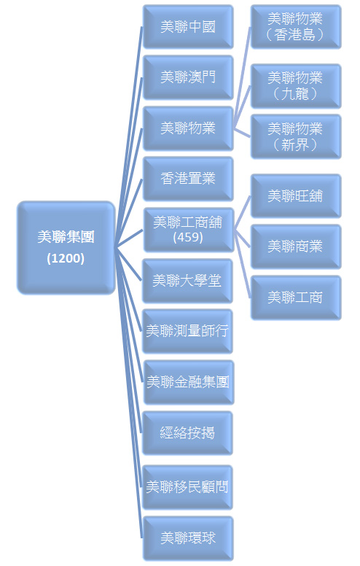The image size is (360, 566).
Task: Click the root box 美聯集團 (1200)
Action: pos(66,248)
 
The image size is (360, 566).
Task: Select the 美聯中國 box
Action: pos(188,27)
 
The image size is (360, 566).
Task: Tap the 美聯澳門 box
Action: pos(188,77)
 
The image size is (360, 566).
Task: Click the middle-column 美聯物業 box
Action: pos(188,128)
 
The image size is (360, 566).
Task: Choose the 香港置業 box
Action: pos(188,179)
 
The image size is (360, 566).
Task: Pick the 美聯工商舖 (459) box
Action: pos(188,230)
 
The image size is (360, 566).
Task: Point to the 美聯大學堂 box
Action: pos(187,281)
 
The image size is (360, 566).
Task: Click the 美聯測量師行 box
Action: pos(187,331)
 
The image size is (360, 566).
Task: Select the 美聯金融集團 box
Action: pos(188,382)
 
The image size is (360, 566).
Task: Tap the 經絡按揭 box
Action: pos(187,433)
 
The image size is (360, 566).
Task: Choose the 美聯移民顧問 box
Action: pos(187,487)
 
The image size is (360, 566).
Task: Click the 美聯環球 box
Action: pos(188,538)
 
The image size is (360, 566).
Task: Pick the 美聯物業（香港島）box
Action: pos(296,27)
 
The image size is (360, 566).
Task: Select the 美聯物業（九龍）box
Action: pos(296,86)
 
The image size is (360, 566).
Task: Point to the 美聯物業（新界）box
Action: pos(296,136)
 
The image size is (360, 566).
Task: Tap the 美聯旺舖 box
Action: pos(296,196)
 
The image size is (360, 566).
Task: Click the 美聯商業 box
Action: pos(296,247)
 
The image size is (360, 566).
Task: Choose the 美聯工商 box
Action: pos(296,298)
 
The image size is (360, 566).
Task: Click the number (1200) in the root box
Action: pos(66,258)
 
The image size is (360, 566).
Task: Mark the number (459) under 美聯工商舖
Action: pos(188,237)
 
